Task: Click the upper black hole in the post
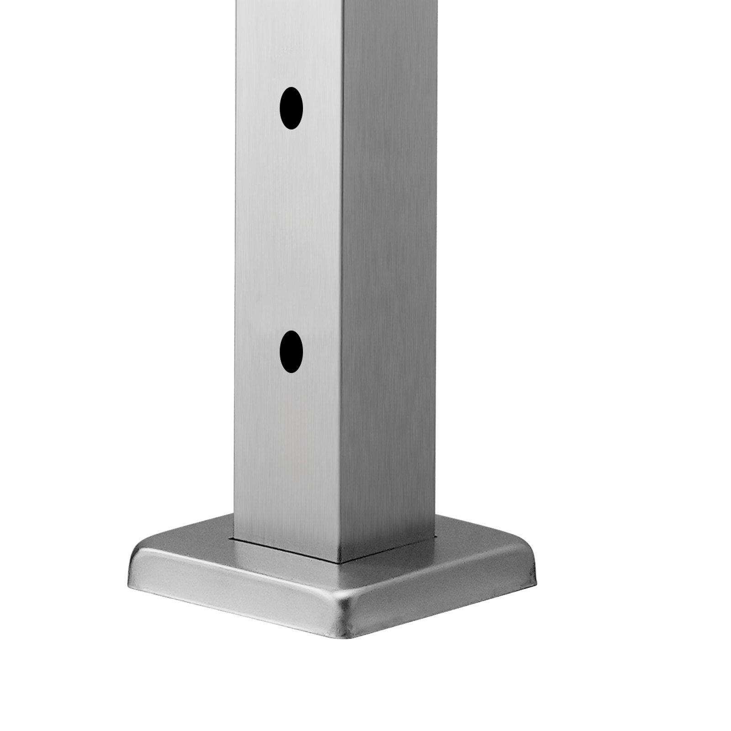click(291, 108)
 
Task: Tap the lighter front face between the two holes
click(288, 228)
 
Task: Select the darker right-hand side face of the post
click(388, 274)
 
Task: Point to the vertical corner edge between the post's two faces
click(341, 274)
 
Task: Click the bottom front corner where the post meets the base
click(340, 561)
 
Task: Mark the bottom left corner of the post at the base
click(235, 537)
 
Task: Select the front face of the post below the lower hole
click(288, 457)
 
